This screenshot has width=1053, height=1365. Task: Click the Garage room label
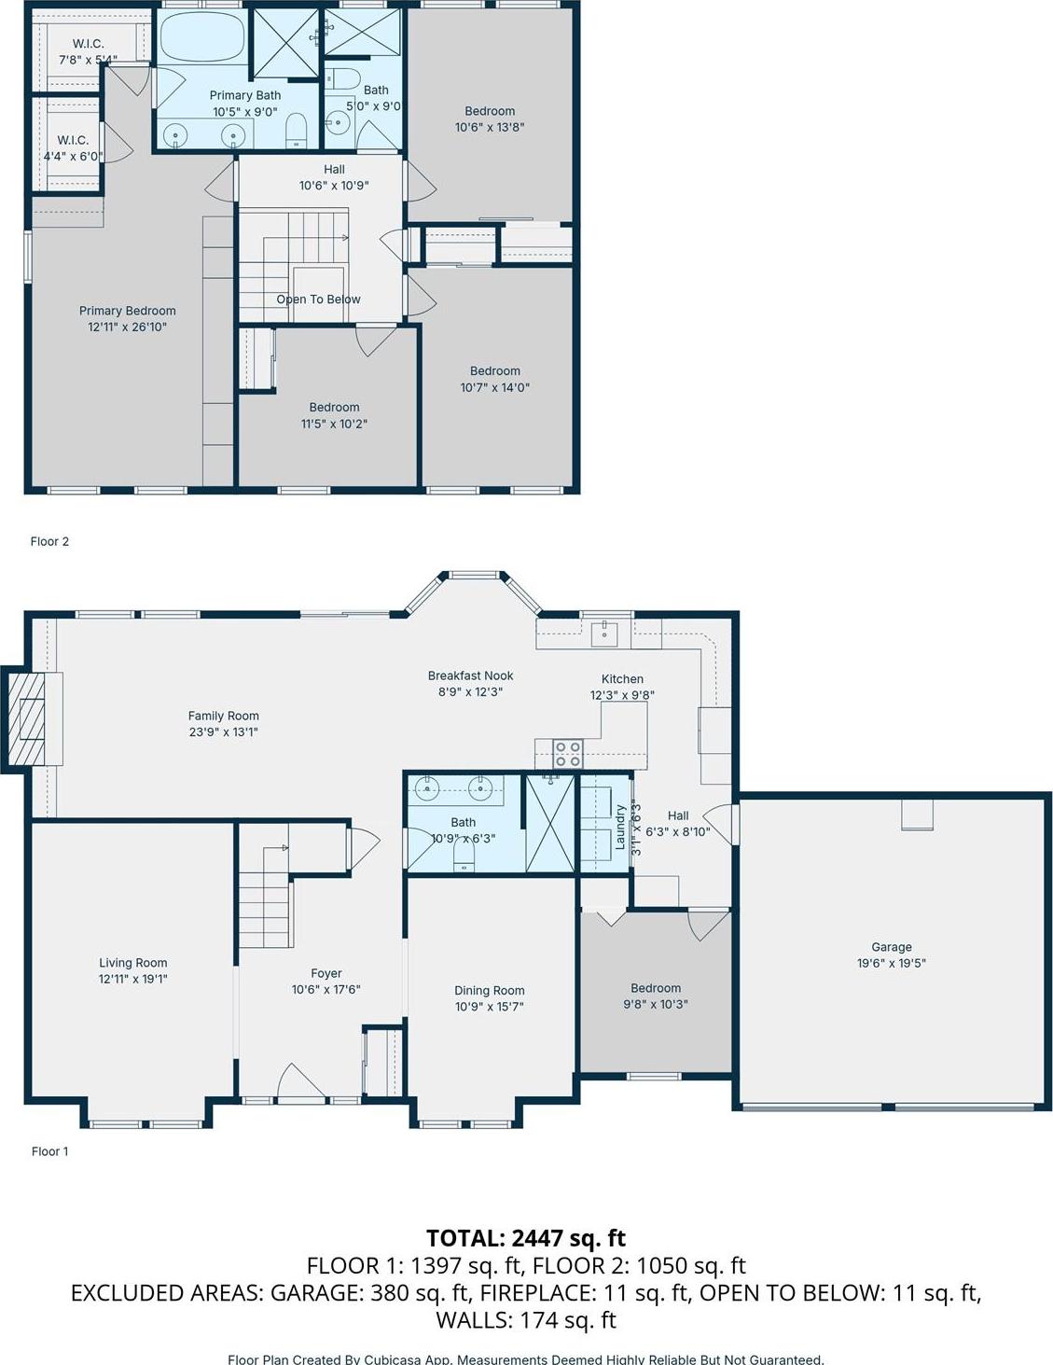pyautogui.click(x=891, y=946)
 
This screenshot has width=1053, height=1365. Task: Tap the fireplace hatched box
pyautogui.click(x=27, y=718)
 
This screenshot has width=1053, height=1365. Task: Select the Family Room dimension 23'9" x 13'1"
pyautogui.click(x=223, y=732)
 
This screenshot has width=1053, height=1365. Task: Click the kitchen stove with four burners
pyautogui.click(x=568, y=752)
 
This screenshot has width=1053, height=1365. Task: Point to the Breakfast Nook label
pyautogui.click(x=470, y=676)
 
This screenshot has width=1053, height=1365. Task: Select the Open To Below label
pyautogui.click(x=318, y=299)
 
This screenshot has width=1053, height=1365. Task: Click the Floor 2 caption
pyautogui.click(x=49, y=541)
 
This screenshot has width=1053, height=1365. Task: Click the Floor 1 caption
pyautogui.click(x=49, y=1151)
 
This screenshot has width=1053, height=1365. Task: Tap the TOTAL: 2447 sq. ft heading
pyautogui.click(x=526, y=1238)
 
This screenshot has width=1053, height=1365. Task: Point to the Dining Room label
pyautogui.click(x=489, y=990)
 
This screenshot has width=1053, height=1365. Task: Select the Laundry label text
pyautogui.click(x=619, y=827)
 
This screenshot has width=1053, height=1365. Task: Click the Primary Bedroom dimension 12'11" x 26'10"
pyautogui.click(x=127, y=327)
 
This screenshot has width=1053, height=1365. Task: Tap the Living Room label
pyautogui.click(x=133, y=963)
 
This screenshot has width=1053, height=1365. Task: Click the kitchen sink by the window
pyautogui.click(x=604, y=632)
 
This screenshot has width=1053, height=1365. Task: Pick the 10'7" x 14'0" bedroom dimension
pyautogui.click(x=494, y=387)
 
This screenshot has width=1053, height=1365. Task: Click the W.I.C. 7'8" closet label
pyautogui.click(x=89, y=44)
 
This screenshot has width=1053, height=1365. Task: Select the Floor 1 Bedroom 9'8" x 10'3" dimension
pyautogui.click(x=656, y=1005)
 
